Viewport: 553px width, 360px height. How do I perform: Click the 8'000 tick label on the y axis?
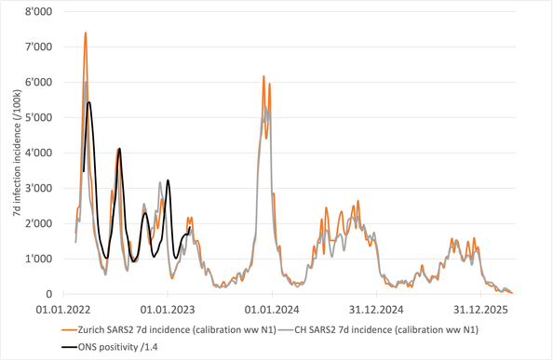[x=38, y=11]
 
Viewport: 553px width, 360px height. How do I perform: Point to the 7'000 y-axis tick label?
[x=38, y=47]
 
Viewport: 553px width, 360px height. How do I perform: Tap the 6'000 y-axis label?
[x=38, y=82]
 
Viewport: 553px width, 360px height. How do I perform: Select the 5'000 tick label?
[x=38, y=117]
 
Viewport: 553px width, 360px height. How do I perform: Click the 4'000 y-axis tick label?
[x=38, y=153]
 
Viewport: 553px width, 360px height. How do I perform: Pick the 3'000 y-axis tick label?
[x=38, y=188]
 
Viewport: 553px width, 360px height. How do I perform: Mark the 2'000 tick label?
[x=38, y=223]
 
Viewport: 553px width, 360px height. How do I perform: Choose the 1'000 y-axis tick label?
[x=38, y=259]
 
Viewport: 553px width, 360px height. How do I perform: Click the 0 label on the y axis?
[x=48, y=294]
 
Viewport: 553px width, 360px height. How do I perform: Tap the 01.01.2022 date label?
[x=63, y=310]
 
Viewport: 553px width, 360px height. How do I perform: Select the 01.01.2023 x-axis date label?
[x=168, y=310]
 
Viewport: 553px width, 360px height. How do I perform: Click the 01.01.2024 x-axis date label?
[x=272, y=310]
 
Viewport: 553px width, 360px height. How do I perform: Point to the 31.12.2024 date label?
[x=376, y=310]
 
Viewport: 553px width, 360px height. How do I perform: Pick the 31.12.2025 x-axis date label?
[x=480, y=310]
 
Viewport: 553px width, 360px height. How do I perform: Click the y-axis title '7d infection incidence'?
[x=18, y=153]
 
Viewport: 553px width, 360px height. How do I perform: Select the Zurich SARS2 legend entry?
[x=169, y=330]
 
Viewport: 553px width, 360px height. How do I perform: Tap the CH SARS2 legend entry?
[x=378, y=330]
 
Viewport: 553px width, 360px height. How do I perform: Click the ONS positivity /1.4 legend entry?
[x=110, y=347]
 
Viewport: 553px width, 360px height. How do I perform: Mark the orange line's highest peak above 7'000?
[x=86, y=33]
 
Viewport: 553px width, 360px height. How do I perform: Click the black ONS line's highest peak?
[x=88, y=102]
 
